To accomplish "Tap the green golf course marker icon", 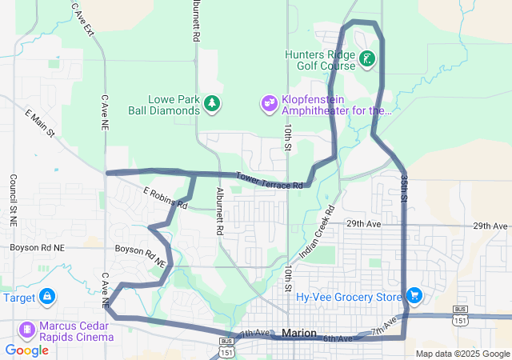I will pyautogui.click(x=366, y=59).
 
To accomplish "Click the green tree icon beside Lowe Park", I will pyautogui.click(x=212, y=103).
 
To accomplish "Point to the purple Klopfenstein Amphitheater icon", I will pyautogui.click(x=268, y=104).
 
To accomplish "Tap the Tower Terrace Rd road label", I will pyautogui.click(x=269, y=181).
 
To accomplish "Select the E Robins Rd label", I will pyautogui.click(x=165, y=198).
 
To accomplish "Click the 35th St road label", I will pyautogui.click(x=405, y=186).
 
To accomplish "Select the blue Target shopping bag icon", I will pyautogui.click(x=47, y=297).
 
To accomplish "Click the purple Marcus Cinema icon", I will pyautogui.click(x=26, y=330).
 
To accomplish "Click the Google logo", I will pyautogui.click(x=26, y=350).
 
